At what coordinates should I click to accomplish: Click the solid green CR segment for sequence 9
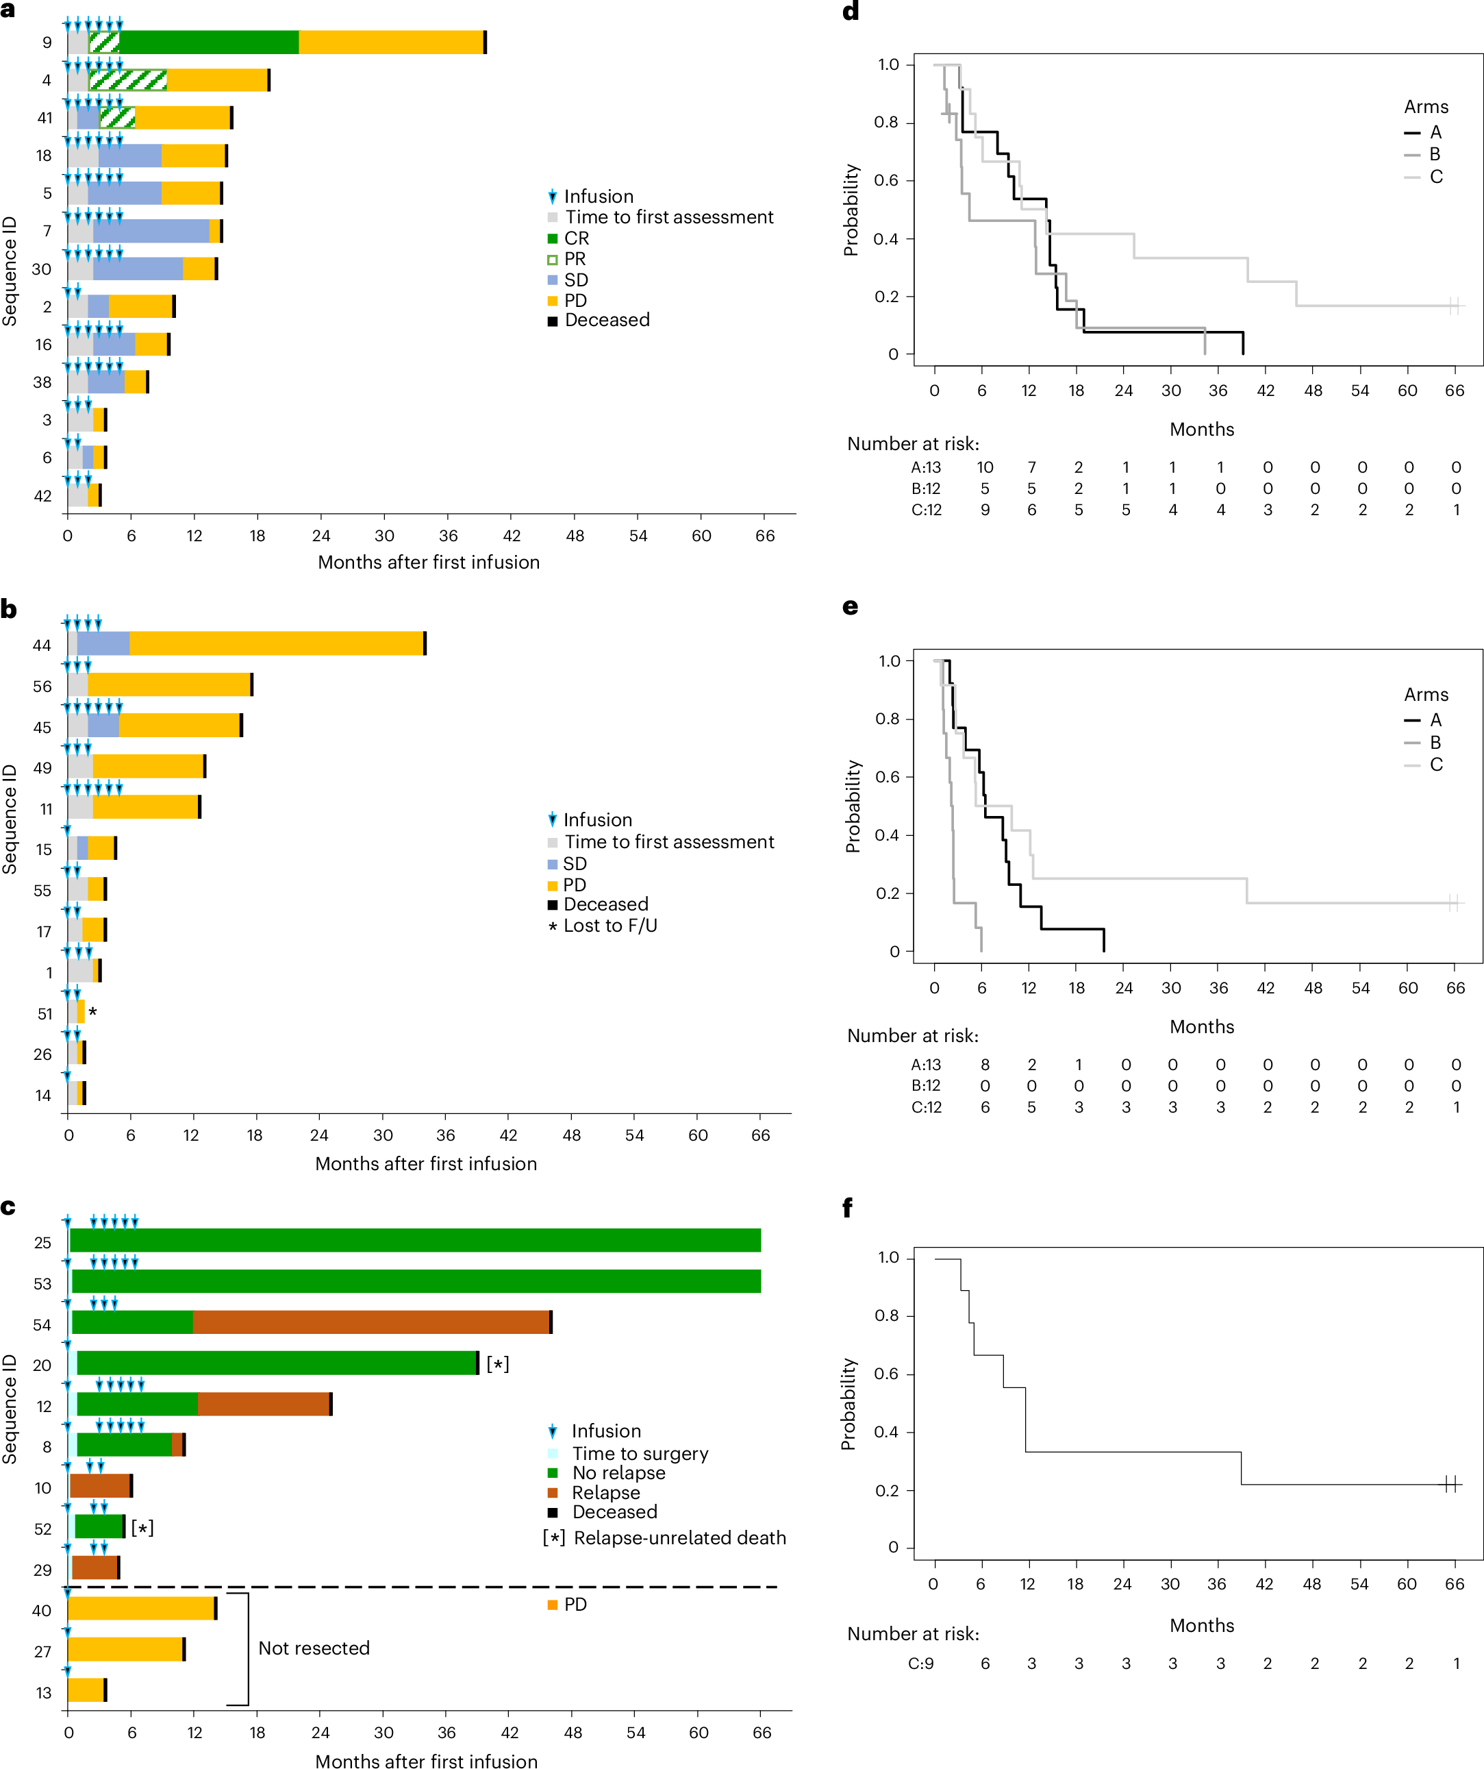[208, 42]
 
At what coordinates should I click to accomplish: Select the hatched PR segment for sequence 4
[128, 80]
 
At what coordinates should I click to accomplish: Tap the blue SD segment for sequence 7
[151, 231]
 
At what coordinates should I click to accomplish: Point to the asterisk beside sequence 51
[92, 1013]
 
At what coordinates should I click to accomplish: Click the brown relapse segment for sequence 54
[370, 1322]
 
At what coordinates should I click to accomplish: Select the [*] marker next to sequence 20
[498, 1364]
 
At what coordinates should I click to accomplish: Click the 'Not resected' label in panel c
[314, 1648]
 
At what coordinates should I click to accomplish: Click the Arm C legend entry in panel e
[1436, 764]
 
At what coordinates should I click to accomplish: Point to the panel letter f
[847, 1208]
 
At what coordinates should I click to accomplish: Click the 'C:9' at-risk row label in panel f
[920, 1663]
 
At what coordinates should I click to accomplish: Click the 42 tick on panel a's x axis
[512, 536]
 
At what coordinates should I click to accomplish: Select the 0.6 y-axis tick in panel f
[887, 1374]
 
